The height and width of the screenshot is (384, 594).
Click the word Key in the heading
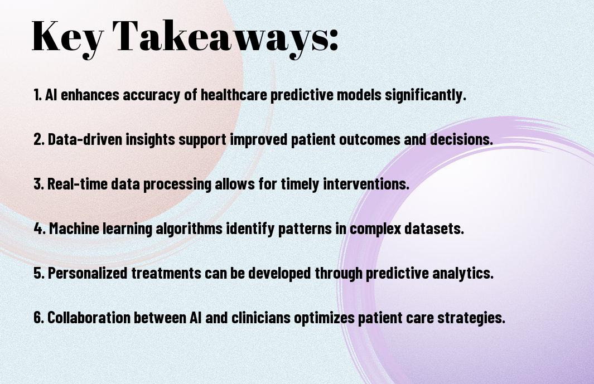tap(67, 38)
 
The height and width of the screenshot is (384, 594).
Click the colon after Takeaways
tap(334, 41)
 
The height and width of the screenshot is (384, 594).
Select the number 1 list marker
tap(37, 95)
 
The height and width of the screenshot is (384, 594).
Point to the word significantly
tap(426, 95)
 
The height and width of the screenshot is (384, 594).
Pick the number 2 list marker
tap(38, 139)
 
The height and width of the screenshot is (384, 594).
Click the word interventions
tap(366, 184)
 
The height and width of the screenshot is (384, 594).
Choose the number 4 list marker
tap(40, 229)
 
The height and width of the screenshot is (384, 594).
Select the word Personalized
tap(88, 273)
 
